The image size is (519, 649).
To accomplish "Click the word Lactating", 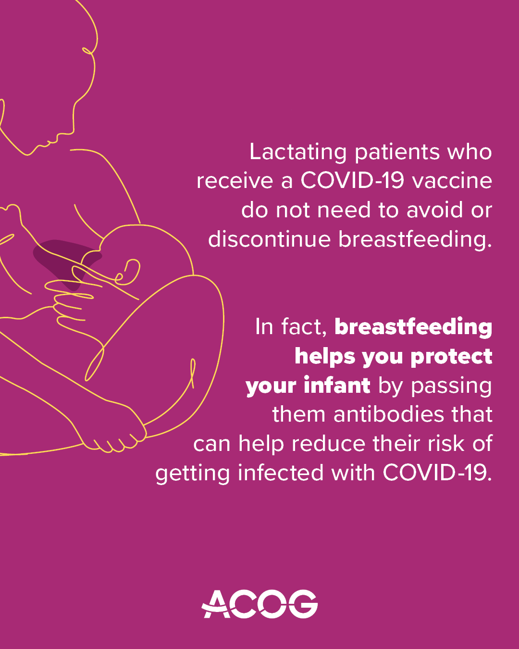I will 298,152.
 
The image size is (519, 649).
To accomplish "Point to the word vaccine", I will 452,181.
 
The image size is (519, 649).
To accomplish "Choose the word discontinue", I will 270,239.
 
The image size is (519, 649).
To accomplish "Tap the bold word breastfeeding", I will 413,327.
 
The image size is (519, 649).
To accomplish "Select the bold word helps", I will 324,356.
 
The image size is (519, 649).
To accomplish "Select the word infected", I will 281,473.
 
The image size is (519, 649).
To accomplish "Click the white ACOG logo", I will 259,604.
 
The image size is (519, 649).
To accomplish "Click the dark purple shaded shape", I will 58,255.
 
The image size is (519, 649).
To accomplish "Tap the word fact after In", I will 303,327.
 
